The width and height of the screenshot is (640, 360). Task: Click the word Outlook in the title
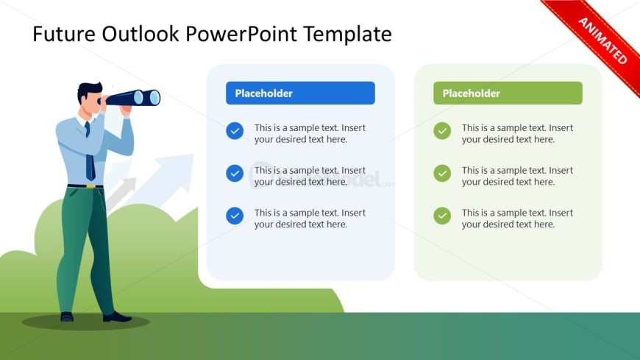coord(140,34)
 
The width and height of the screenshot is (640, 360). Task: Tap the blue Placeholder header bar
coord(300,93)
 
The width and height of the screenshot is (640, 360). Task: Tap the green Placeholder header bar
coord(508,93)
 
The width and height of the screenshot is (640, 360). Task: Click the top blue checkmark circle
coord(235,131)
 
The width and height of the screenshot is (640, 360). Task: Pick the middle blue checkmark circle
coord(235,173)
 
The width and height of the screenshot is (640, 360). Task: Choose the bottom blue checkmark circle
coord(235,216)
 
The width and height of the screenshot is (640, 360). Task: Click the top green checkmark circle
coord(442,131)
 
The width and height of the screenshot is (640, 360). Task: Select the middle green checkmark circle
coord(442,173)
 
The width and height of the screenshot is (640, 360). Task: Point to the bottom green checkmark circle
coord(442,216)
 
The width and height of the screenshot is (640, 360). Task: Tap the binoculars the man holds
coord(131,98)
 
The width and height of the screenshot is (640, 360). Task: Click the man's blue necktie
coord(90,153)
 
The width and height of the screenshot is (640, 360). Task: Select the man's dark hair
coord(89,91)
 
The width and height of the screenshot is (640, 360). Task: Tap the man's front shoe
coord(117,317)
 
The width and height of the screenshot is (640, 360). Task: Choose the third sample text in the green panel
coord(517,219)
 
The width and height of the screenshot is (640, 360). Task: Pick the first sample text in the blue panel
coord(310,134)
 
